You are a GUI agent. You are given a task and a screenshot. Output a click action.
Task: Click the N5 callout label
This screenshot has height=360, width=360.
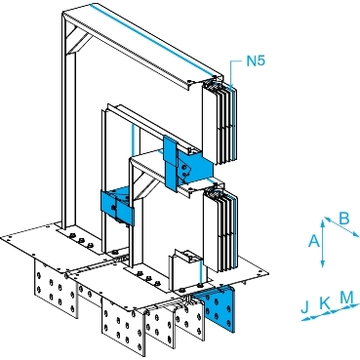pyautogui.click(x=256, y=61)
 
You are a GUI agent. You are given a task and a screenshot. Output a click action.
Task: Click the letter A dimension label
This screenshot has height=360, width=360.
pyautogui.click(x=313, y=241)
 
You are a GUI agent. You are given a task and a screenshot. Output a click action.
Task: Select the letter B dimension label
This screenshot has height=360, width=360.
pyautogui.click(x=344, y=219)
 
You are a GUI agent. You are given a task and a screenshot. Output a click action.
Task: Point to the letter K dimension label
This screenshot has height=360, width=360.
pyautogui.click(x=324, y=303)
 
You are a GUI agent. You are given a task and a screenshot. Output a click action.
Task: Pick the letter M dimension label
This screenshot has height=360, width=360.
pyautogui.click(x=346, y=297)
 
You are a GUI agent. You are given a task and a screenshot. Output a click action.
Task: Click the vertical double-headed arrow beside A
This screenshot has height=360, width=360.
pyautogui.click(x=323, y=243)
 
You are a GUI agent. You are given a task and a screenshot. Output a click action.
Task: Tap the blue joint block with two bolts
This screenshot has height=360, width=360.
pyautogui.click(x=192, y=169)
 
